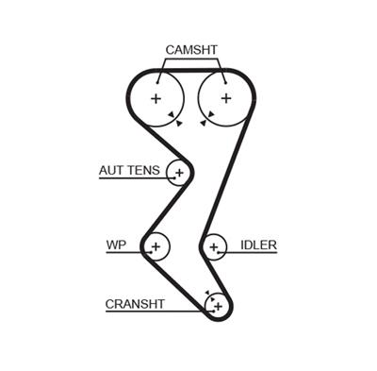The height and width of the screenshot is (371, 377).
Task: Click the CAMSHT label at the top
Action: (x=191, y=49)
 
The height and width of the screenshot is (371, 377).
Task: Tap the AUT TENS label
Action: (x=129, y=171)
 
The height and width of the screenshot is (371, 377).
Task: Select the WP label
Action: (x=116, y=245)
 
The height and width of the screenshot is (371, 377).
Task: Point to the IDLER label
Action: (x=258, y=245)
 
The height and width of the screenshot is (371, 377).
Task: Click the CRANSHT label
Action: (x=135, y=304)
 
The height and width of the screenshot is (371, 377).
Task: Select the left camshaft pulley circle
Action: (x=156, y=98)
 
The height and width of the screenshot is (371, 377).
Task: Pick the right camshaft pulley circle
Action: (x=225, y=98)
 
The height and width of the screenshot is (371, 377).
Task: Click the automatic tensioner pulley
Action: (x=178, y=173)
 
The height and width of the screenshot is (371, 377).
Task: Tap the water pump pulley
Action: (x=156, y=247)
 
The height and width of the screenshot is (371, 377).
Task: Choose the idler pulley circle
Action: (x=215, y=248)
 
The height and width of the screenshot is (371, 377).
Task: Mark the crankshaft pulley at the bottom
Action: (x=217, y=305)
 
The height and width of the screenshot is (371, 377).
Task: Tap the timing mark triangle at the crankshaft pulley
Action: (x=209, y=294)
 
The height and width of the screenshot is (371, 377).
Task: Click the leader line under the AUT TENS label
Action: (x=132, y=179)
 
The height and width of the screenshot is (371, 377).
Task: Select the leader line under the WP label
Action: (x=123, y=254)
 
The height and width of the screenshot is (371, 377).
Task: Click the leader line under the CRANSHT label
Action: (x=151, y=312)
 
